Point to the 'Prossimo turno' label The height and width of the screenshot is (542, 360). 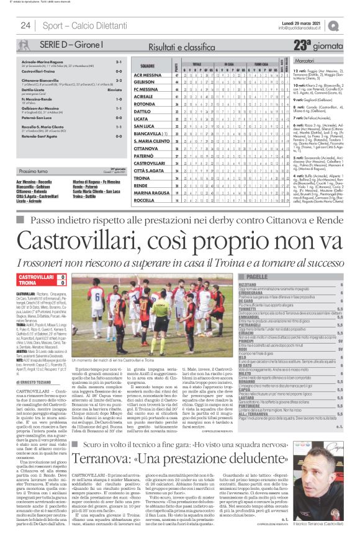[x=38, y=170]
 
